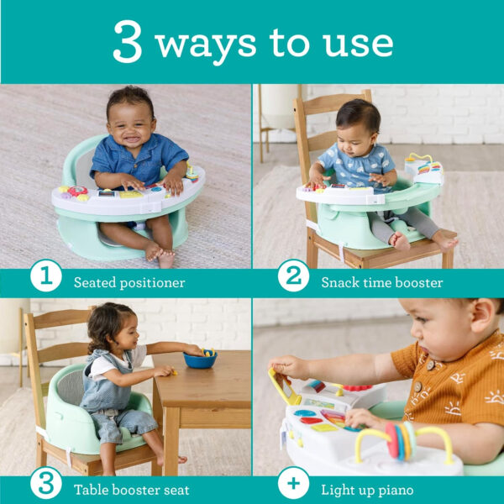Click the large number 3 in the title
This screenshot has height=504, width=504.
coord(128,42)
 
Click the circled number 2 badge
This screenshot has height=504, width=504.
coord(293,276)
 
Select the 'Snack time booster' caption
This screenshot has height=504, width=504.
coord(381,282)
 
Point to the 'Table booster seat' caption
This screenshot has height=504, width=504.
coord(131,490)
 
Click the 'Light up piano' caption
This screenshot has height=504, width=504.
coord(367,490)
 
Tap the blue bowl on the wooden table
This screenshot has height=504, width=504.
coord(200,359)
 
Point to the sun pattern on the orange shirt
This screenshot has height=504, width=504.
coord(457,390)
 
